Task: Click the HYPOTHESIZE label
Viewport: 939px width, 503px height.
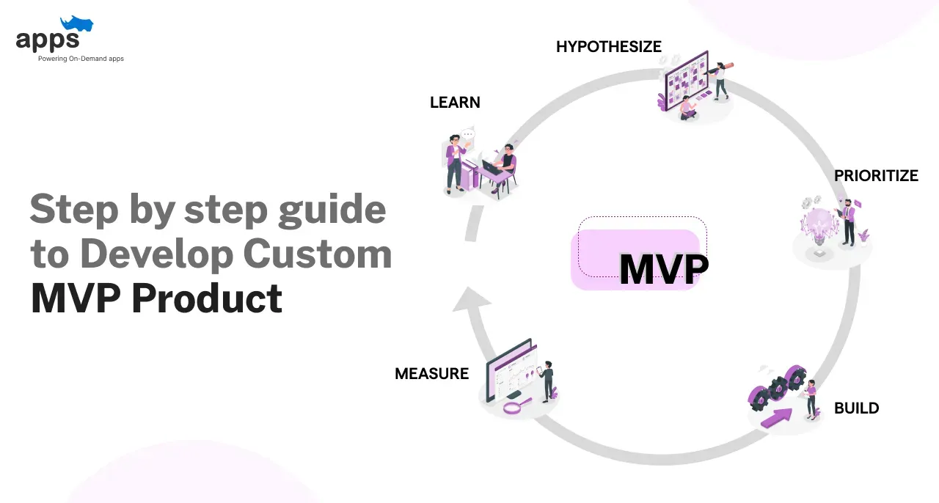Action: tap(608, 47)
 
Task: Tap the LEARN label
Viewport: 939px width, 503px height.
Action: tap(455, 103)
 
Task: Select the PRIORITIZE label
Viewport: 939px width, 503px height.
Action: tap(876, 176)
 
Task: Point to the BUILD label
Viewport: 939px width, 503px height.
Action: tap(856, 408)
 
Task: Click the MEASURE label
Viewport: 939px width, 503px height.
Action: tap(431, 374)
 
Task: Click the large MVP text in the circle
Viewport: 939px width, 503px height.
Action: tap(663, 271)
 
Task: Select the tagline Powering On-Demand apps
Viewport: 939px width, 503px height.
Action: tap(81, 59)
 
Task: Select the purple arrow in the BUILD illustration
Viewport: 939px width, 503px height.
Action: tap(778, 417)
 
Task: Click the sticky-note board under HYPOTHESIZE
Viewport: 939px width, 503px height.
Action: tap(685, 77)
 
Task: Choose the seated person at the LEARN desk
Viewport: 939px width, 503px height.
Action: tap(506, 165)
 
